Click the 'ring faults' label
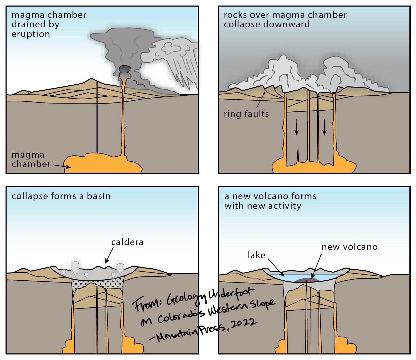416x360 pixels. (246, 114)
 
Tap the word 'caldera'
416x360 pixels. (127, 242)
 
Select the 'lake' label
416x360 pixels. (256, 255)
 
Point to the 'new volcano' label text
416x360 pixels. (349, 247)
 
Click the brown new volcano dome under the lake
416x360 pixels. (307, 280)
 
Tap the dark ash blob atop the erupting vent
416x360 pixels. (125, 70)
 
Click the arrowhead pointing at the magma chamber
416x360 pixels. (68, 167)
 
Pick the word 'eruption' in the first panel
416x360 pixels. (31, 34)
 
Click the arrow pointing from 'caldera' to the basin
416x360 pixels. (109, 255)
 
